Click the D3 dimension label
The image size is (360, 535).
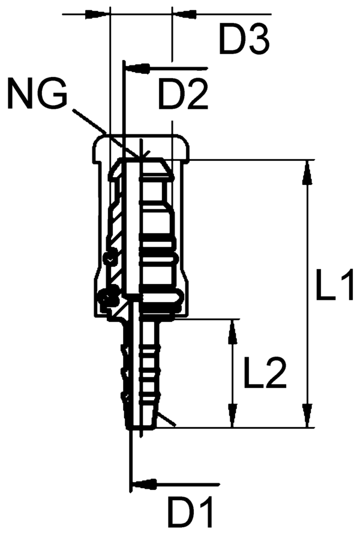243,41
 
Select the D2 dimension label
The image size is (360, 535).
183,94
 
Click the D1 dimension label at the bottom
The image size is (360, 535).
191,514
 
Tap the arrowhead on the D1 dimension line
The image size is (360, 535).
144,483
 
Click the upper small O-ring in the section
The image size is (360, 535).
109,258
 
